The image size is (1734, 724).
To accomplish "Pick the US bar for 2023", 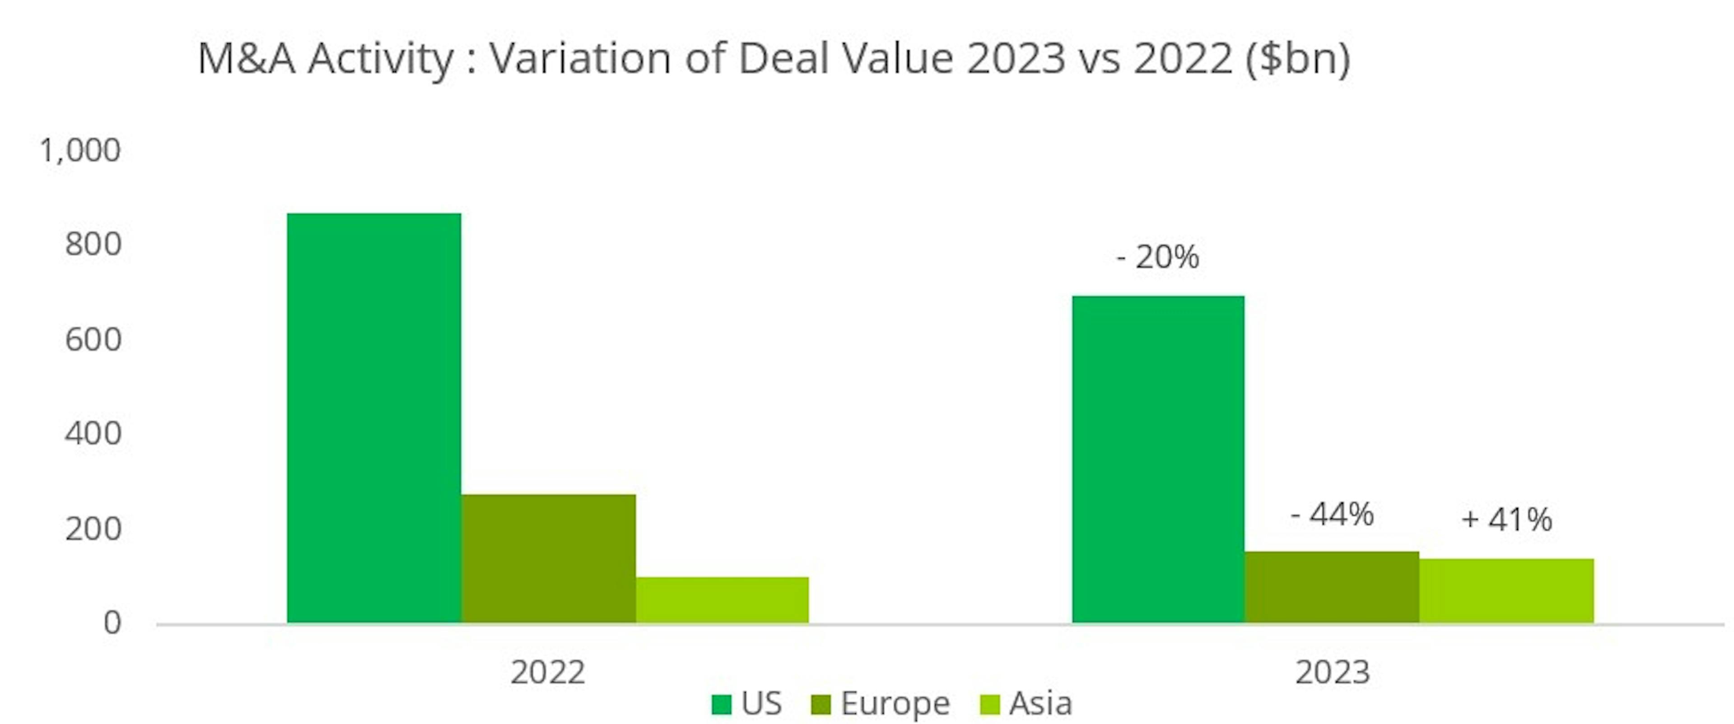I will (1158, 459).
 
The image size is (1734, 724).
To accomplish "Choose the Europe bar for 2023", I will (1332, 587).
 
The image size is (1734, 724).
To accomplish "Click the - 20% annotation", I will (1158, 257).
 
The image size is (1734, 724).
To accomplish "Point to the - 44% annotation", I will (1332, 515).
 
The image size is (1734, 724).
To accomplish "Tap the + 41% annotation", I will (1506, 520).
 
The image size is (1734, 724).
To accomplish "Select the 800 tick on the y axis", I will (93, 244).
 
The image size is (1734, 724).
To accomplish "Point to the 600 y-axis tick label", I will (93, 339).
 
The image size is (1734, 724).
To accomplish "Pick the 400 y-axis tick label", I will (93, 433).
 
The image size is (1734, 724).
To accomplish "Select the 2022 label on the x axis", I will (548, 672).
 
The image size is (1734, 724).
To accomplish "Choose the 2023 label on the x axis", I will (1332, 672).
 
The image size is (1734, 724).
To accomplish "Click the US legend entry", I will (747, 704).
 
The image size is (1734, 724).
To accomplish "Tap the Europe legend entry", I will (882, 704).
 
